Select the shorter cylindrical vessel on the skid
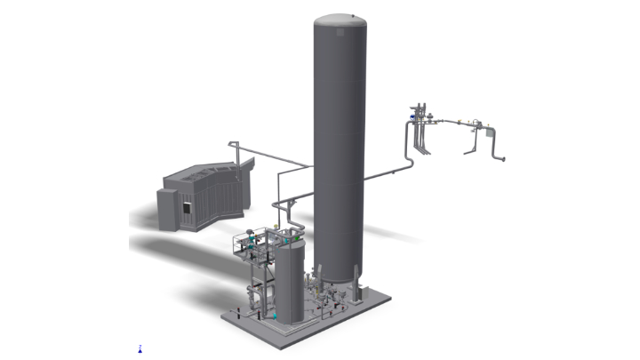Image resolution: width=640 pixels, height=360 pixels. coord(289,280)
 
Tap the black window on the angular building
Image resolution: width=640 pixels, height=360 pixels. coord(188,207)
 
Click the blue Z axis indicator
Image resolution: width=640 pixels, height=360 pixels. coord(140,349)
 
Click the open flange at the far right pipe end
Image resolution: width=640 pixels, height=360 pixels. coord(504,160)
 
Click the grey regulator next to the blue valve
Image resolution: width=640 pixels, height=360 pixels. coord(426,116)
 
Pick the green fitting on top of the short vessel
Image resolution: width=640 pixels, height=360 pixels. coord(285,237)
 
